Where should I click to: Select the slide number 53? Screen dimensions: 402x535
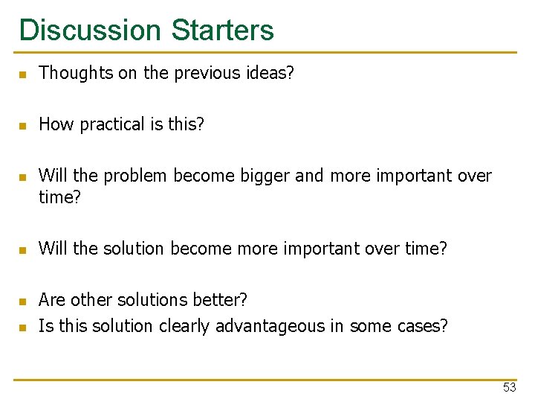(509, 387)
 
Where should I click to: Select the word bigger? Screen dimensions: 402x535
(266, 176)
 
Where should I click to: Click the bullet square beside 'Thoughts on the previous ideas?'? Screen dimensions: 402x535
(23, 74)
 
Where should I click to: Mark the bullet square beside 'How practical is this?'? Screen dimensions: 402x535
(23, 126)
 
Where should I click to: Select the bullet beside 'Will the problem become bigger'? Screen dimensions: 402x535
(23, 177)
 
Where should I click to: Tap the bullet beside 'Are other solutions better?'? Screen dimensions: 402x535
(23, 301)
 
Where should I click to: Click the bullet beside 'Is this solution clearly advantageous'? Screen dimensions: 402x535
(23, 328)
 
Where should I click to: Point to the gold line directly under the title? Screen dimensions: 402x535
(267, 53)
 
